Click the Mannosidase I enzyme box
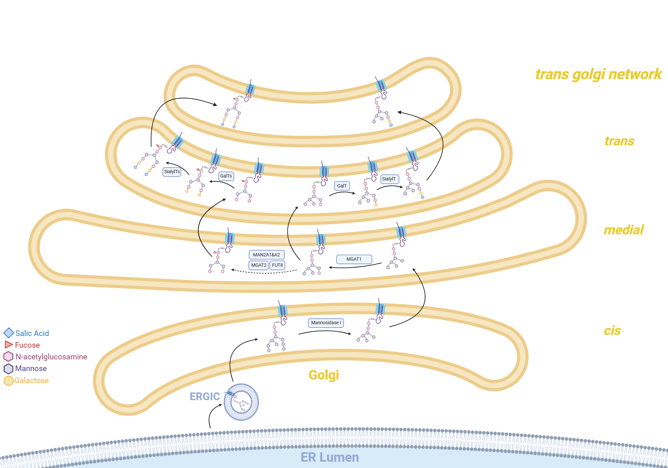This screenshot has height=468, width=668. (326, 323)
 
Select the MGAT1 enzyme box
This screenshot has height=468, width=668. (354, 259)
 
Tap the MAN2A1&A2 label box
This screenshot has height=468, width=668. (267, 255)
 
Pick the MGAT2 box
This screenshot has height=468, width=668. (259, 265)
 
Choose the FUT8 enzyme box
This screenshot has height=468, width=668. (277, 265)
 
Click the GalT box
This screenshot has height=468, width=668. (342, 186)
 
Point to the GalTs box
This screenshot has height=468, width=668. (226, 176)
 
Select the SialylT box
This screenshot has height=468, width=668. (389, 179)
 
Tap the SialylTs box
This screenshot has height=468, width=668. (172, 171)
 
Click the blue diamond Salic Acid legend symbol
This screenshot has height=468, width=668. (9, 333)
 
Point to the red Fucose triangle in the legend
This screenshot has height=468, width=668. (8, 345)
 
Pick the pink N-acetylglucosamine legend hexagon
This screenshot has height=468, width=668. (8, 356)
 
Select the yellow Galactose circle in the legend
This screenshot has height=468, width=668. (8, 380)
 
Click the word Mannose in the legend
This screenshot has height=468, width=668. (31, 368)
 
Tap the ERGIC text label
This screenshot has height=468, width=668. (204, 396)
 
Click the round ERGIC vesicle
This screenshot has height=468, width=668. (241, 402)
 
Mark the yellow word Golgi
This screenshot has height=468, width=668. (324, 375)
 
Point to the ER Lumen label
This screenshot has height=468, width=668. (330, 457)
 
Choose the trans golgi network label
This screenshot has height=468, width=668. (598, 74)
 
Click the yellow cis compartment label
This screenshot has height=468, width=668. (612, 331)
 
